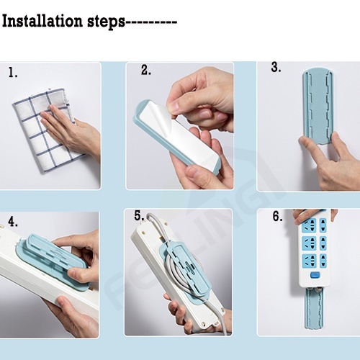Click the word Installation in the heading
42,21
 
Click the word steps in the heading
106,22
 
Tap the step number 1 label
13,72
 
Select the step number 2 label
146,70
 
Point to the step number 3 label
276,67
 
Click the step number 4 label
13,222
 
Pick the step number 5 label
139,215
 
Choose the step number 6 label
277,216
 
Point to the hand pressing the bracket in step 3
331,161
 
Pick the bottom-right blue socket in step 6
323,261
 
